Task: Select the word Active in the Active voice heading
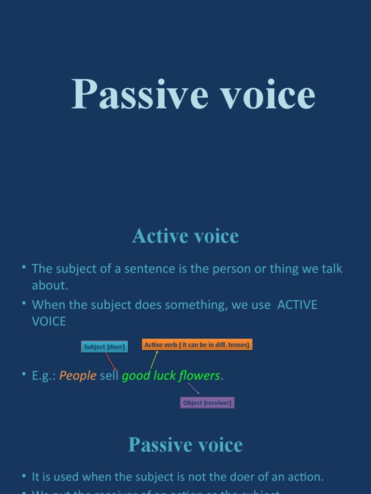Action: [160, 236]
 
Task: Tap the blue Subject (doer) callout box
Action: [104, 347]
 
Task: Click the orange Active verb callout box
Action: [197, 345]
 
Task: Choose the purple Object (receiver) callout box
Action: [207, 403]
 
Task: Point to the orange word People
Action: [78, 376]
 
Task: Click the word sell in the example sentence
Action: [109, 376]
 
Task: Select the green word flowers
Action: [200, 376]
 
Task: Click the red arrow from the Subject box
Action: [111, 362]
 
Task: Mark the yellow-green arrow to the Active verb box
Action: [154, 360]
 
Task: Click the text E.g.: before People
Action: [44, 376]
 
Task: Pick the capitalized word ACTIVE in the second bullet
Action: [297, 305]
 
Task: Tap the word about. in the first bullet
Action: [50, 285]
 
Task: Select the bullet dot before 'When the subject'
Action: [24, 304]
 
